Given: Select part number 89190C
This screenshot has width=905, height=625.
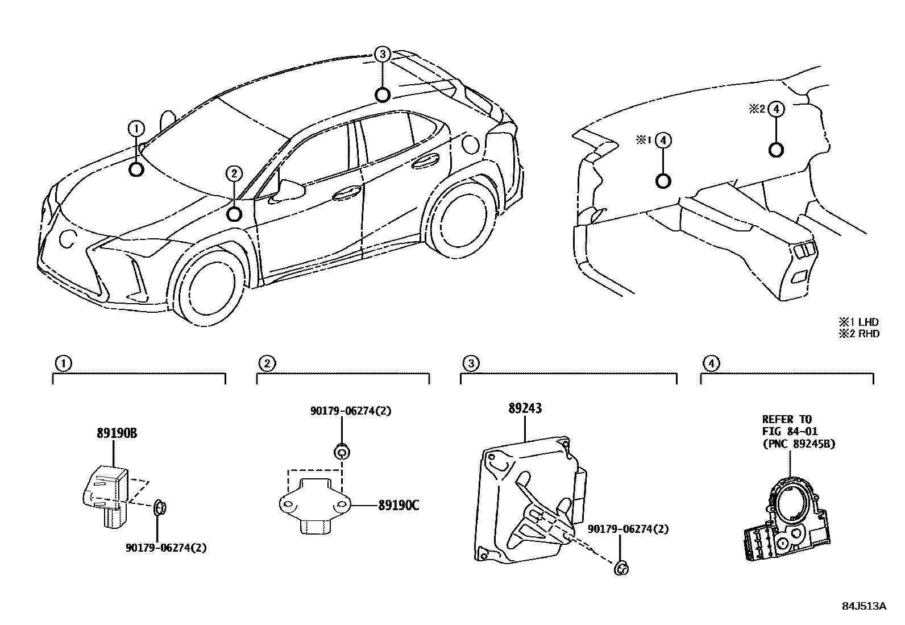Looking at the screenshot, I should pyautogui.click(x=398, y=504).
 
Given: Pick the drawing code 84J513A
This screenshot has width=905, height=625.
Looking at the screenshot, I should pyautogui.click(x=864, y=606).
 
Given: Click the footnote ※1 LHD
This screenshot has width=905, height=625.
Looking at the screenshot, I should pyautogui.click(x=858, y=322).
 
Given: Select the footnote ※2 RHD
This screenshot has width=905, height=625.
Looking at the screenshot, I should pyautogui.click(x=858, y=334).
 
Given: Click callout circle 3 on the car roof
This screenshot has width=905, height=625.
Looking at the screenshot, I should pyautogui.click(x=383, y=55).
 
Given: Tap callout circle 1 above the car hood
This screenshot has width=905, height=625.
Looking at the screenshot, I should pyautogui.click(x=136, y=129).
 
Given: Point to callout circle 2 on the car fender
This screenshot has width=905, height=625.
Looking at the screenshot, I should pyautogui.click(x=234, y=174).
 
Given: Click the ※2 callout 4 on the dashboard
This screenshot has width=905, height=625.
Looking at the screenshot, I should pyautogui.click(x=777, y=109).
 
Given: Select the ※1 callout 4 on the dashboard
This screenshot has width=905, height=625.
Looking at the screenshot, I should pyautogui.click(x=663, y=140).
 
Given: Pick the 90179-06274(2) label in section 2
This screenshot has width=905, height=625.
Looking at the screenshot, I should pyautogui.click(x=351, y=411).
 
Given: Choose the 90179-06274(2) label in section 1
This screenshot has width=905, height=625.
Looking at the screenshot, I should pyautogui.click(x=165, y=548).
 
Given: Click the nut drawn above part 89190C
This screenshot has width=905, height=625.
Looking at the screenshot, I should pyautogui.click(x=341, y=453).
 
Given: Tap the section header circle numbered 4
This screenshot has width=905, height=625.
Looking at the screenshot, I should pyautogui.click(x=711, y=363).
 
